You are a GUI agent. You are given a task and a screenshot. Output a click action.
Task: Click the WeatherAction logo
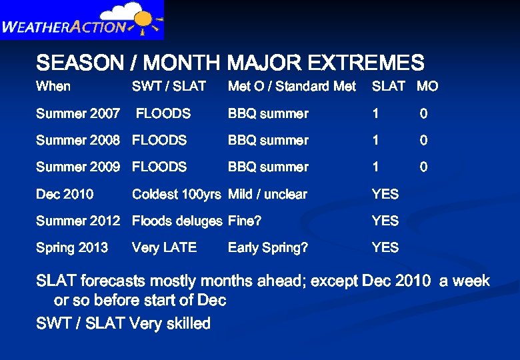point(81,20)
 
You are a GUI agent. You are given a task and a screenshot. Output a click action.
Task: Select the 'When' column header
point(53,86)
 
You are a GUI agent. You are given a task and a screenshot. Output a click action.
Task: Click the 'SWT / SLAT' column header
point(169,86)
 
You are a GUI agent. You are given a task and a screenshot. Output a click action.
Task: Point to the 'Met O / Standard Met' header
point(292,86)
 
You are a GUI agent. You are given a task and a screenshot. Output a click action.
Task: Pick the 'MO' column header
point(427,86)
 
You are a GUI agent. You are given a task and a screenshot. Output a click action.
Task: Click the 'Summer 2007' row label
point(78,114)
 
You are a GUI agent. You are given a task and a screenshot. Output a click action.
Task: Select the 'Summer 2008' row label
point(78,141)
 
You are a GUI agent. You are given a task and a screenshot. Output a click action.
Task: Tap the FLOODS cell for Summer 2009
point(159,167)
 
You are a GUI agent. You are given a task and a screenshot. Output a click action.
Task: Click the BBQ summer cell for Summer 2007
point(268,114)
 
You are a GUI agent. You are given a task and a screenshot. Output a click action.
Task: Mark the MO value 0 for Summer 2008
point(423,141)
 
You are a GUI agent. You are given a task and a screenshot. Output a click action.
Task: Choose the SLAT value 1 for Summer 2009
point(375,167)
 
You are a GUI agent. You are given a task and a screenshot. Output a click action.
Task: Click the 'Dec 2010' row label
point(65,195)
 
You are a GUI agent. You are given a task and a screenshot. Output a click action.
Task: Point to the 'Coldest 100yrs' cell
point(176,195)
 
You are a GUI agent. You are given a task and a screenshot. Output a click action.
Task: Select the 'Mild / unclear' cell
point(267,195)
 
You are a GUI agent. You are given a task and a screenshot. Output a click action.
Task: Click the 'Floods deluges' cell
point(177,221)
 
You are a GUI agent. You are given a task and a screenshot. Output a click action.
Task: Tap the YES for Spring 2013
point(385,248)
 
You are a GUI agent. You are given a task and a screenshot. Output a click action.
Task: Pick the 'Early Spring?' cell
point(268,248)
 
